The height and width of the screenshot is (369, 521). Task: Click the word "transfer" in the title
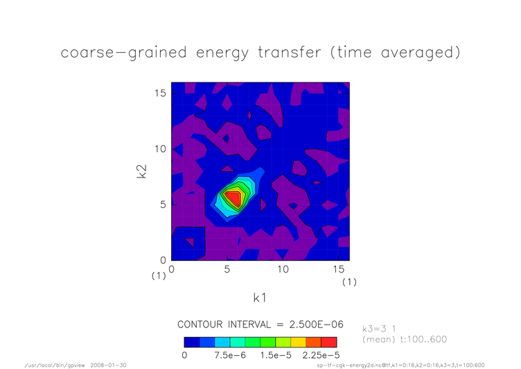tap(290, 53)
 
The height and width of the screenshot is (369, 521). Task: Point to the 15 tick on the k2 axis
tap(160, 93)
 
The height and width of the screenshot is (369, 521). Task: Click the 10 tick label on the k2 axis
tap(160, 148)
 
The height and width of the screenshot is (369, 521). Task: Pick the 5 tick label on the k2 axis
tap(163, 205)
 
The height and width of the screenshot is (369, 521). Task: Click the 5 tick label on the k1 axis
tap(227, 269)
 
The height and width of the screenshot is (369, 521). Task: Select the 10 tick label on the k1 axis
tap(283, 269)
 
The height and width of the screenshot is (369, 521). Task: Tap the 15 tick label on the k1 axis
tap(338, 269)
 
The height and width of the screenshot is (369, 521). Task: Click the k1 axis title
tap(260, 298)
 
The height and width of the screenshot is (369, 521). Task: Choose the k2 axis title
tap(141, 171)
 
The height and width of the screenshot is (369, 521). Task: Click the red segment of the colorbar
tap(329, 343)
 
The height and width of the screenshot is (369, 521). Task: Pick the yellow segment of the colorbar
tap(299, 343)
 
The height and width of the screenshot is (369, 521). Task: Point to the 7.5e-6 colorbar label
tap(230, 355)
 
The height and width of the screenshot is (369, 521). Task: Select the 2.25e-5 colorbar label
tap(321, 355)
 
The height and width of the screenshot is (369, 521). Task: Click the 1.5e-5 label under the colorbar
tap(276, 355)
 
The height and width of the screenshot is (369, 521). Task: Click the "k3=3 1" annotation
tap(379, 329)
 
